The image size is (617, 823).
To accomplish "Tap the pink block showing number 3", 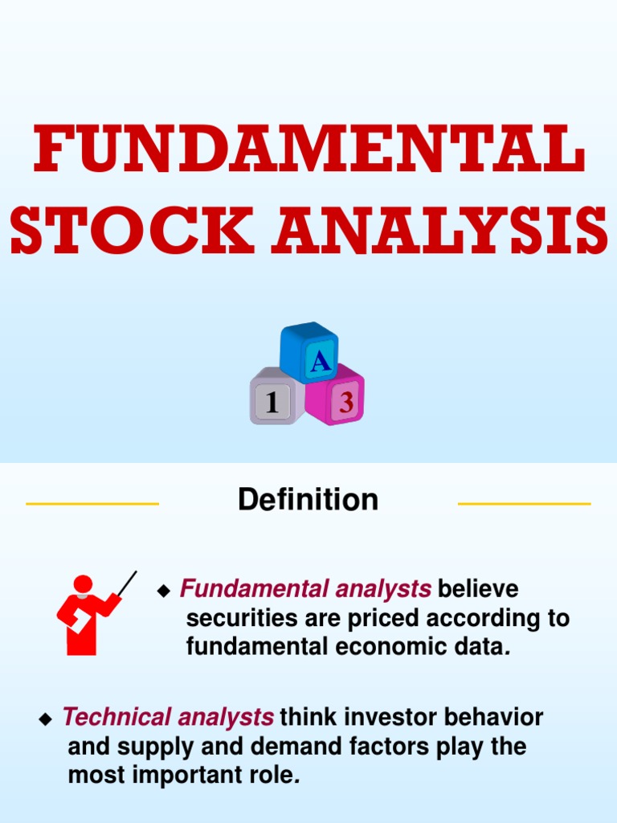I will (x=341, y=399).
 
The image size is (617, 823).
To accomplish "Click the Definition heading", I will (x=308, y=500).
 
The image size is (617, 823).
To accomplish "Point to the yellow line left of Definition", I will (x=92, y=504).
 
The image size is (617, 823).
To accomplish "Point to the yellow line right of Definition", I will (x=524, y=504).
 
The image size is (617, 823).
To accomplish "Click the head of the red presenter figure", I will (x=83, y=584).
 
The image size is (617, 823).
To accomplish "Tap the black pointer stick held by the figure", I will (x=127, y=584).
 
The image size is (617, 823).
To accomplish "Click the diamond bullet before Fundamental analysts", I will (x=165, y=592).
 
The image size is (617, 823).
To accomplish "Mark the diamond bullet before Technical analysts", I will (x=46, y=719).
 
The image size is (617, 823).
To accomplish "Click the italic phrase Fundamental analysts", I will (x=305, y=589).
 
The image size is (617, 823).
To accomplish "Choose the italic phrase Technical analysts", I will (x=168, y=717).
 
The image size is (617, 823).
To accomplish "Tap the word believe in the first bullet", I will (x=478, y=589).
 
